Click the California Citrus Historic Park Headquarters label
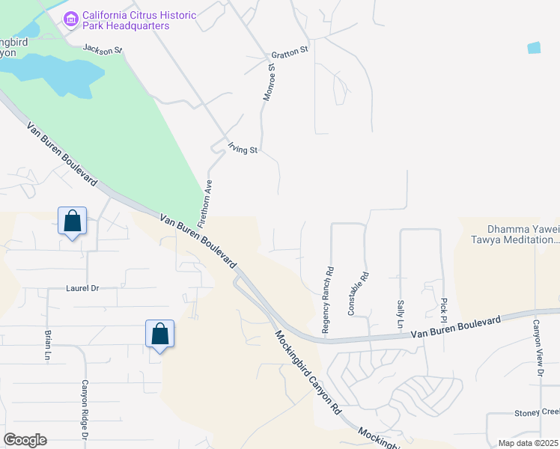139,20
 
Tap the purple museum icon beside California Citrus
71,18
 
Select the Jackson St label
102,49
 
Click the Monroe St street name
270,82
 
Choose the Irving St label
243,150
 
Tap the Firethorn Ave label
204,204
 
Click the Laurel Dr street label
82,287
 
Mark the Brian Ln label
47,345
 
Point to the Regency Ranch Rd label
327,290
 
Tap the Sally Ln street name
399,314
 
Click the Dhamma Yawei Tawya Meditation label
523,235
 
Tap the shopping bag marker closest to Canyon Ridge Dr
160,334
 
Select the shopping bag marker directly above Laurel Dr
73,222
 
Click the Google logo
25,440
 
